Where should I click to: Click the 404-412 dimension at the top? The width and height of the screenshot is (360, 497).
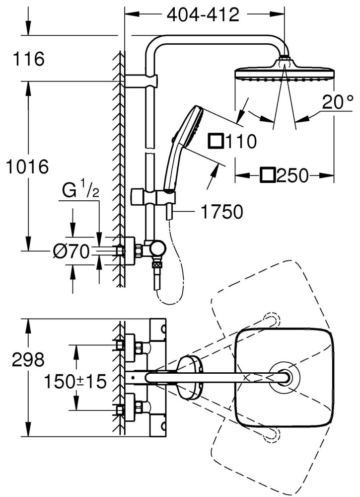point(203,15)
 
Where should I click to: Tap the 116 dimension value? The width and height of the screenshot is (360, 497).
point(29,59)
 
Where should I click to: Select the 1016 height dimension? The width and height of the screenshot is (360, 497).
point(28,166)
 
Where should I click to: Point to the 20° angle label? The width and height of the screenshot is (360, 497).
point(338,102)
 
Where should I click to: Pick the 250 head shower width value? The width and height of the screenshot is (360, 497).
point(292,175)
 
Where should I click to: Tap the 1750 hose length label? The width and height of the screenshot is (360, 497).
point(222,211)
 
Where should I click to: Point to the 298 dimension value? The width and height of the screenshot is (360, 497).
point(28,360)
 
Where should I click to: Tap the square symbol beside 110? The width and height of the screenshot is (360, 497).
point(216,141)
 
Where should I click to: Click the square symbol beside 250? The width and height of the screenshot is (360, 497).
point(268,175)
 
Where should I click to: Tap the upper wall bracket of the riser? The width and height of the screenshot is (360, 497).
point(141,81)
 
